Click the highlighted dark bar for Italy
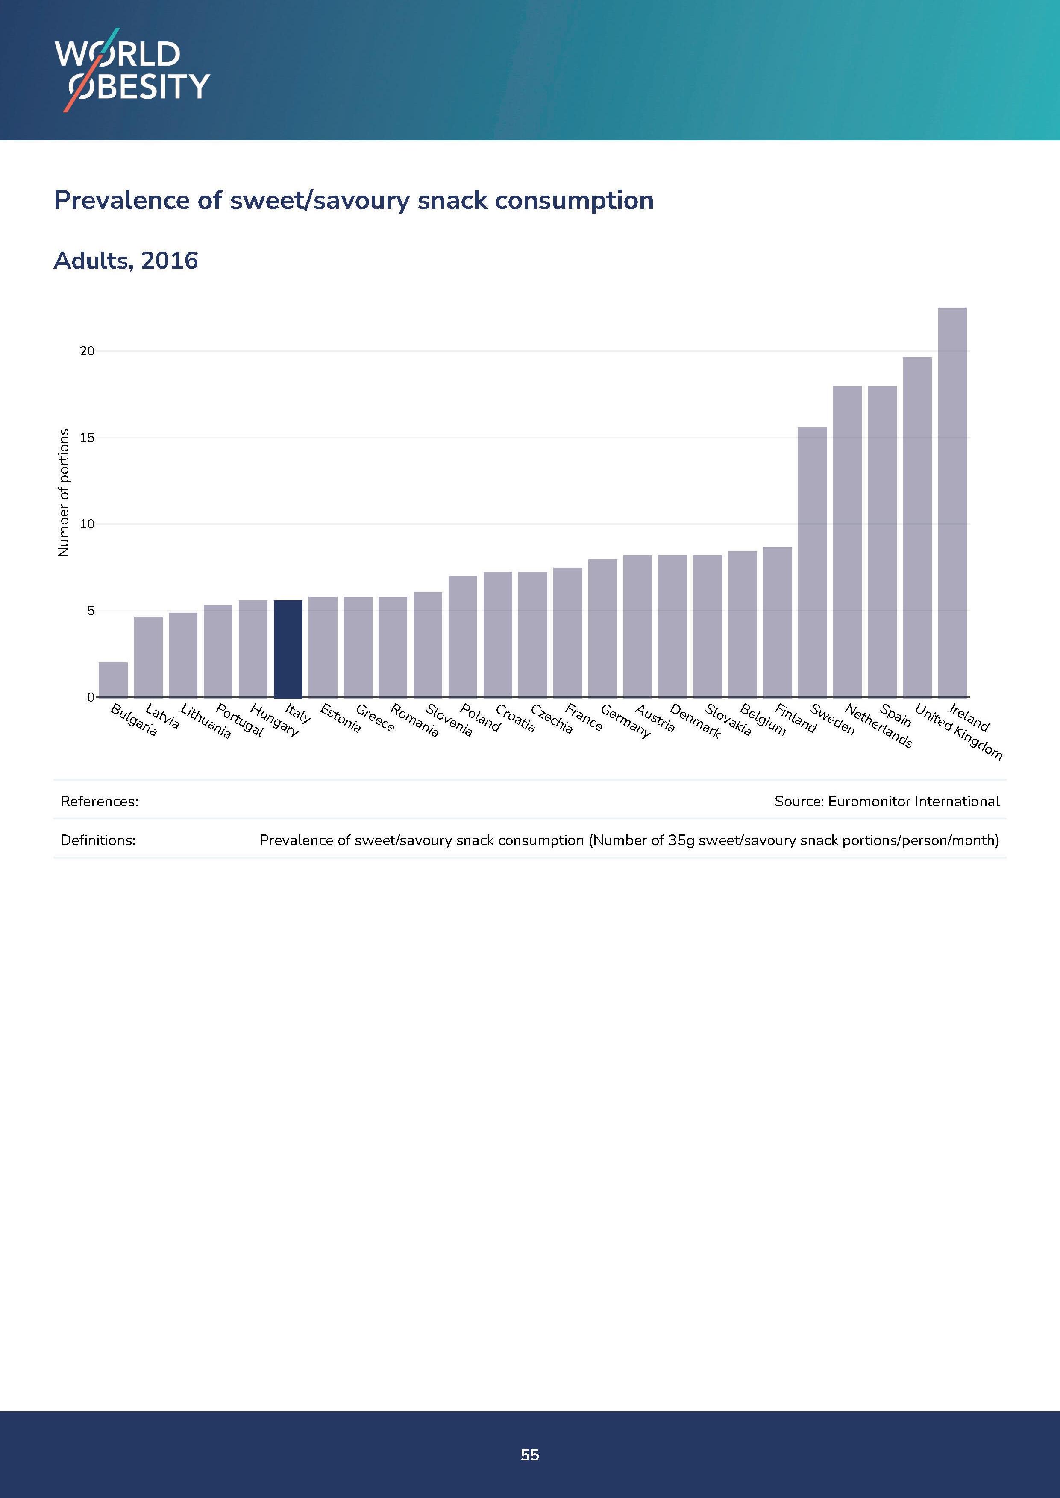tap(288, 649)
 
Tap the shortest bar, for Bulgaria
tap(113, 680)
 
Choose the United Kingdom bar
tap(917, 527)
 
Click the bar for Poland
tap(463, 636)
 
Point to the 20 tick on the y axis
tap(87, 351)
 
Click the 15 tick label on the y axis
tap(87, 438)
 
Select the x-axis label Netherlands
tap(878, 726)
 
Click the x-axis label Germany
tap(625, 721)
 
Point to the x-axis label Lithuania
tap(206, 721)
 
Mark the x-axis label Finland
tap(796, 718)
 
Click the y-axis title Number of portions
tap(63, 493)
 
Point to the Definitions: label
tap(98, 840)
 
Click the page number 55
tap(529, 1454)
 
